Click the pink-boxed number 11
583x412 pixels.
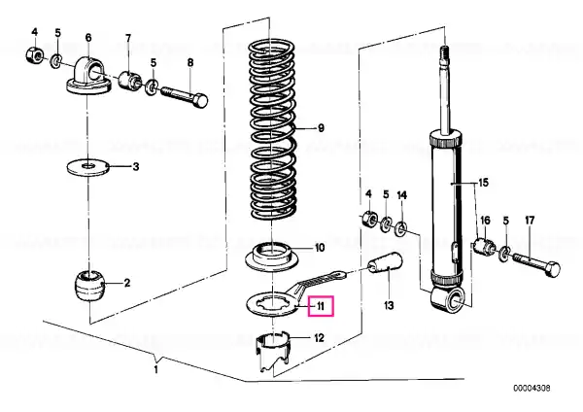[321, 306]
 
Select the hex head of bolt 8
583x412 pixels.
[200, 101]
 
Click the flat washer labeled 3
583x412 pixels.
[87, 166]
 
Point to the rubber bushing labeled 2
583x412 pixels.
[88, 286]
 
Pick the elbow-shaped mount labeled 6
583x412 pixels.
[89, 77]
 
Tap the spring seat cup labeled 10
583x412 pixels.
[272, 257]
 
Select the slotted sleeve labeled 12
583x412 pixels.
[272, 352]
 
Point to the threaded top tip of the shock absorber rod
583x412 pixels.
[445, 53]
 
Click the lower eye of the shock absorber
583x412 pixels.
[449, 299]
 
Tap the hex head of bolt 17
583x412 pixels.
[551, 269]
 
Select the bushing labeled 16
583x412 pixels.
[485, 247]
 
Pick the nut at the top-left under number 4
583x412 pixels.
[34, 56]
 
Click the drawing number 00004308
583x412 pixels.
[532, 389]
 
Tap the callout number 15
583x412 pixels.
[483, 183]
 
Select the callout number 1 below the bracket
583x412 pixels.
[156, 369]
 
